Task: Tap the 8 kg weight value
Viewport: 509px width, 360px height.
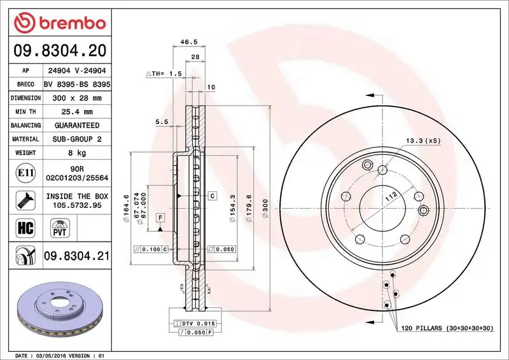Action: tap(77, 153)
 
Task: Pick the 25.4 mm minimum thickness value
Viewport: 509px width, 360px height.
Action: tap(77, 112)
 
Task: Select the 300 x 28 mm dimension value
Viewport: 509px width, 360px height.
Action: tap(77, 99)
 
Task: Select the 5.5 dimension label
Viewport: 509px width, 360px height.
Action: tap(161, 121)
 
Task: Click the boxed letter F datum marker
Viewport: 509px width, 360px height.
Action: tap(160, 218)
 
